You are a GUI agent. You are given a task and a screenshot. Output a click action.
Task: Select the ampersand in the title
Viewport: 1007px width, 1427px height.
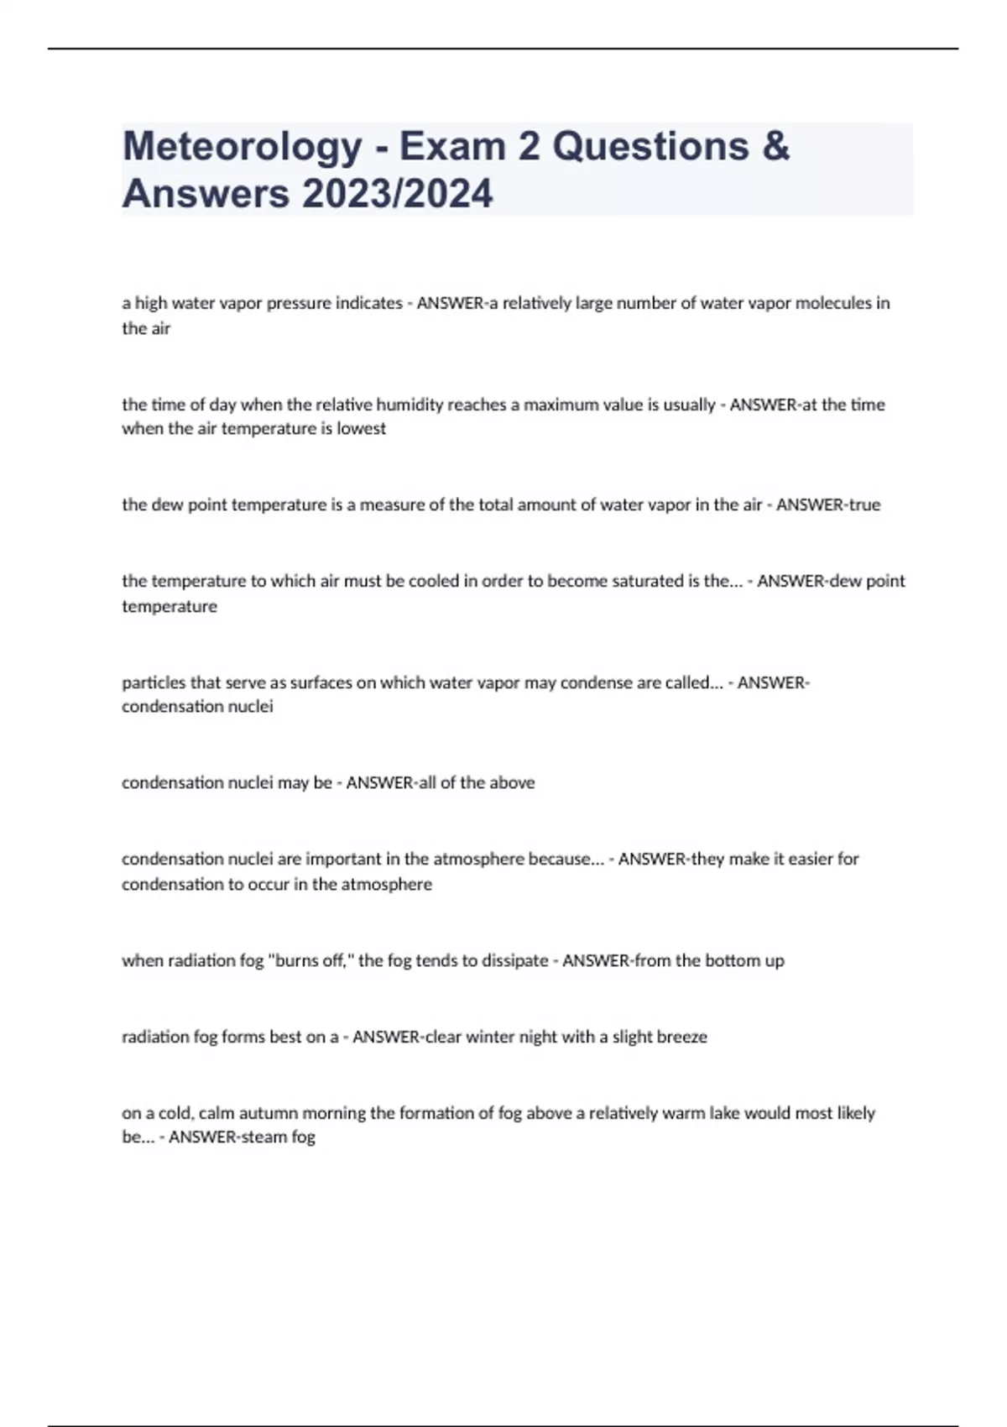coord(777,146)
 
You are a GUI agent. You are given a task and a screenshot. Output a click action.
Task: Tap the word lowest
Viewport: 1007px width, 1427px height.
coord(362,429)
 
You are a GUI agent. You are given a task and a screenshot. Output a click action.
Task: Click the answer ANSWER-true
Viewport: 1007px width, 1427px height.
coord(828,504)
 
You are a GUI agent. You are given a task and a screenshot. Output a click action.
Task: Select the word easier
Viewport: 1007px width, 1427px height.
coord(808,859)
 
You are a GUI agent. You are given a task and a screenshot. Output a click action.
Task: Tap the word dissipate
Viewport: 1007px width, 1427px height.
coord(514,960)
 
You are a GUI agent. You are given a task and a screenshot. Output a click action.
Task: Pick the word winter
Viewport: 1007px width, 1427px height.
coord(490,1037)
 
